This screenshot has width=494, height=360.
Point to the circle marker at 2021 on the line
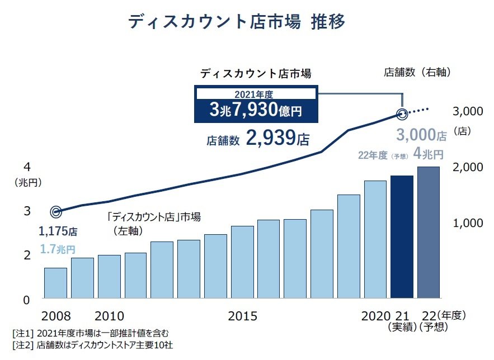click(402, 115)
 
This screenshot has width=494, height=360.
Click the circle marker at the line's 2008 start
click(55, 212)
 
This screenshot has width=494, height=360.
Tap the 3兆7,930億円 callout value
click(256, 110)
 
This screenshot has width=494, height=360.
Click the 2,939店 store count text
click(258, 139)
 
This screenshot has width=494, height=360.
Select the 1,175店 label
click(58, 230)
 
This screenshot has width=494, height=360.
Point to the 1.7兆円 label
click(58, 249)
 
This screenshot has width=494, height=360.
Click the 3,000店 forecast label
click(421, 135)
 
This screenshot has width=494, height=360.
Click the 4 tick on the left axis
click(27, 167)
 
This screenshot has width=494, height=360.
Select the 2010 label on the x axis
click(110, 316)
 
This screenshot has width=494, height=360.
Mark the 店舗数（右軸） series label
click(417, 72)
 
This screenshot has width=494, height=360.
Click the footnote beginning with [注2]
click(93, 345)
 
